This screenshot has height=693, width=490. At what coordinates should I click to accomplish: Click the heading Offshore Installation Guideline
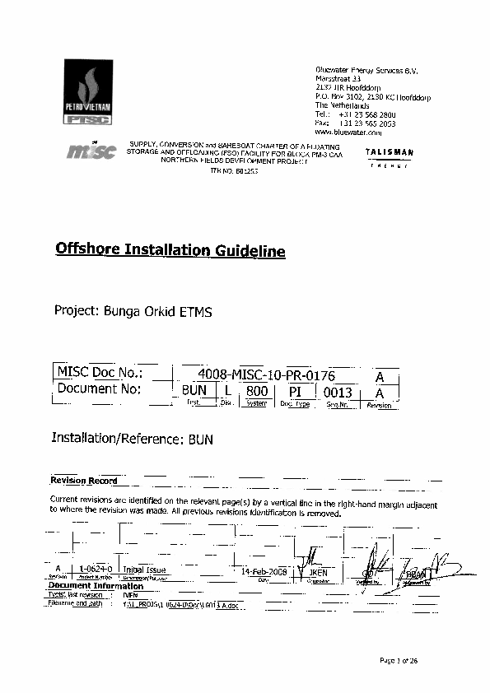tap(170, 250)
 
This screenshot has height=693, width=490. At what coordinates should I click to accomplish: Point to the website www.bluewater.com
tap(348, 132)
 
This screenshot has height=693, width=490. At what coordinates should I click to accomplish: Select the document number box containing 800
tap(257, 392)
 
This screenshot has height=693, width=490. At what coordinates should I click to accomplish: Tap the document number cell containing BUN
tap(192, 392)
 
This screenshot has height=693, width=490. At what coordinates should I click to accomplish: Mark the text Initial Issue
tap(145, 570)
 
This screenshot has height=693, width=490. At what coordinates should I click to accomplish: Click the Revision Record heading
tap(83, 481)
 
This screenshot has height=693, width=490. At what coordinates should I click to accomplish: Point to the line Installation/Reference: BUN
tap(133, 440)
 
